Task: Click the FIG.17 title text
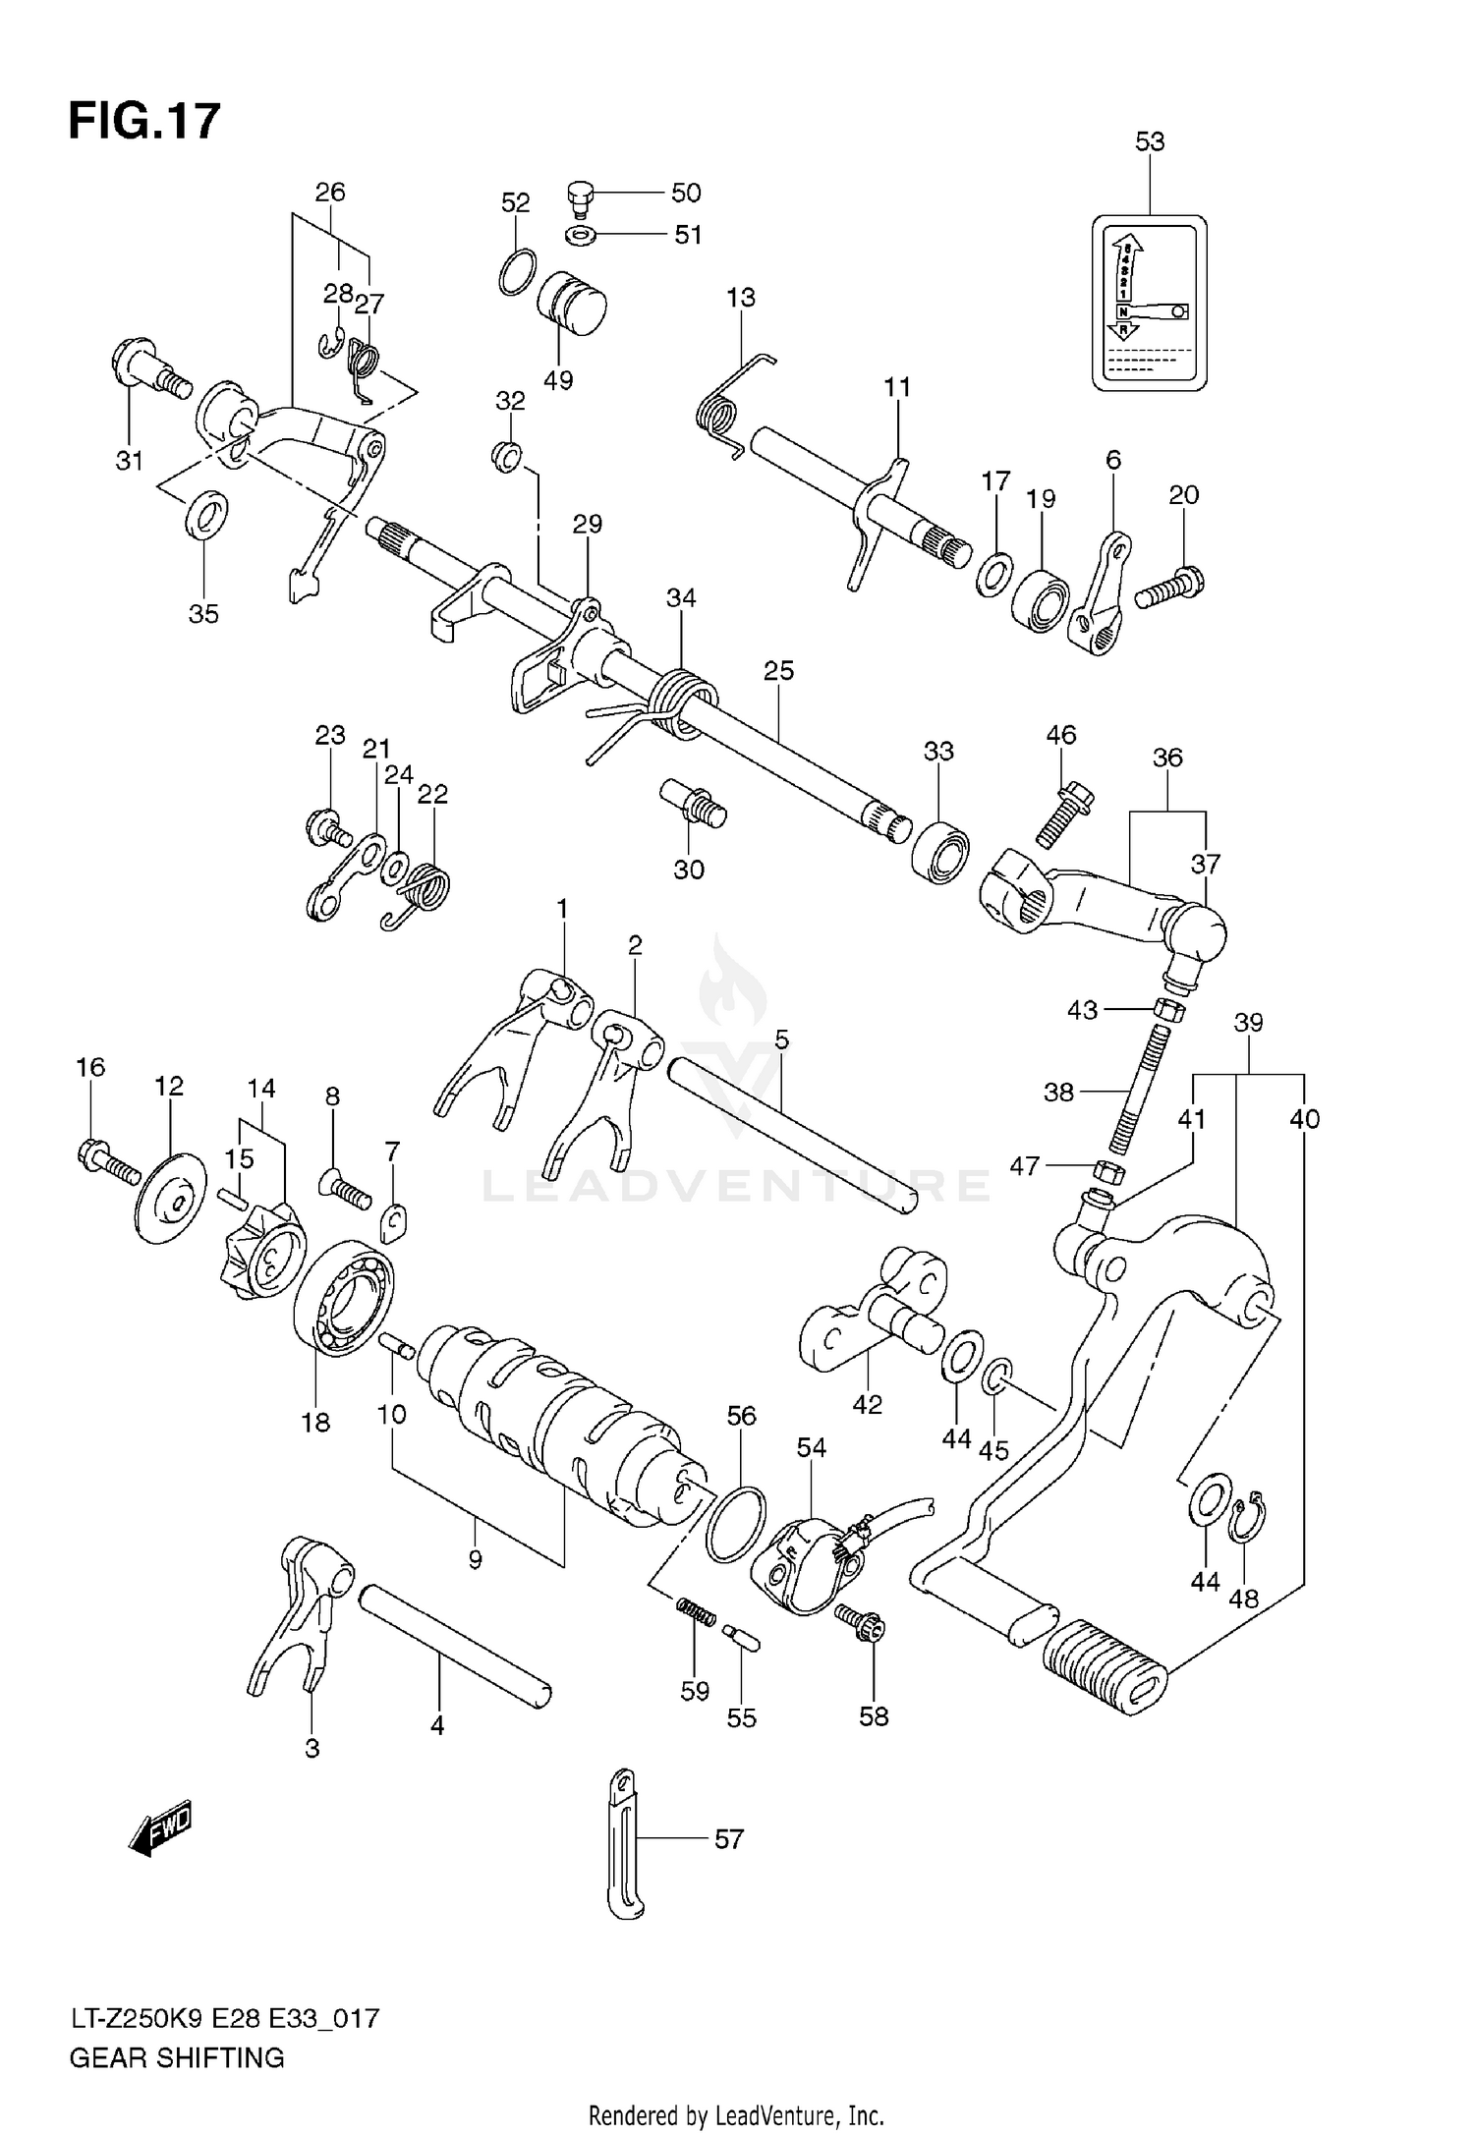(144, 122)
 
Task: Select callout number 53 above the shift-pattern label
(1150, 141)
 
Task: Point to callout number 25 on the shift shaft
(778, 671)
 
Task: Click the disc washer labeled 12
(171, 1199)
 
